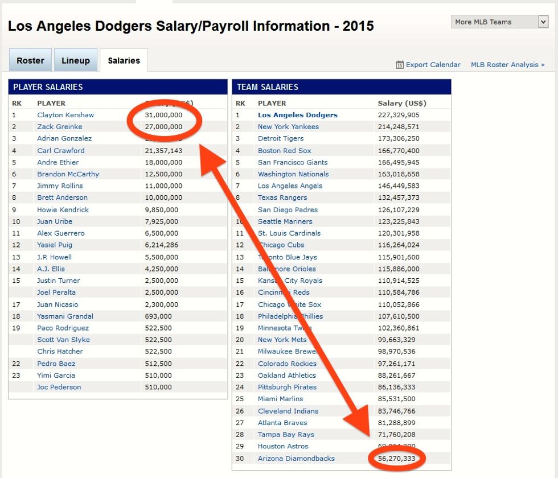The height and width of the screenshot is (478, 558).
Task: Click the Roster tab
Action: tap(30, 61)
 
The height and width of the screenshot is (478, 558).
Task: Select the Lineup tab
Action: tap(76, 61)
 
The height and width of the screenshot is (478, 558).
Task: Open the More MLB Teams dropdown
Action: tap(500, 22)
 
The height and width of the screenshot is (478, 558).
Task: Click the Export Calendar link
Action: tap(433, 65)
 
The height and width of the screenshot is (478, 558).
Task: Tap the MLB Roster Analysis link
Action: tap(507, 65)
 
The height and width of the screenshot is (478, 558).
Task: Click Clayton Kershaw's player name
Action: tap(65, 115)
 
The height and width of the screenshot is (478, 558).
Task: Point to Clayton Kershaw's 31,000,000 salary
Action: tap(164, 115)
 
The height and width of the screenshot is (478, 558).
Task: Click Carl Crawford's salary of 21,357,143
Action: tap(164, 151)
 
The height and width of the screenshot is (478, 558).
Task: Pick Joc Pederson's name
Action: tap(59, 387)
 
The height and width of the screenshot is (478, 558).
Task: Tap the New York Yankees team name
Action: tap(288, 127)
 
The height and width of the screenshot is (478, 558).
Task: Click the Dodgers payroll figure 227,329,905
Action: tap(399, 115)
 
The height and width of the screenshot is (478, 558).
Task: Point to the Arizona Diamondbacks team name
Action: tap(296, 459)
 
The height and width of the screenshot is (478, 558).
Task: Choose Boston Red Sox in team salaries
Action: tap(285, 151)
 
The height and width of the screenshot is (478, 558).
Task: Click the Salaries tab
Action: tap(124, 61)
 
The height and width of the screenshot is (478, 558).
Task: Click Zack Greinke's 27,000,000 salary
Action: tap(164, 127)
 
